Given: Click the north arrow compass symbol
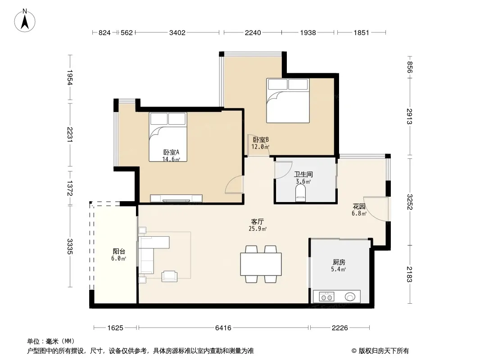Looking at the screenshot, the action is (x=25, y=21).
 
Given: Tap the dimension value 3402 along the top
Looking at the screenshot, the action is (x=177, y=33).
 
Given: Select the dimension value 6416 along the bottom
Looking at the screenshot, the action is (x=223, y=328).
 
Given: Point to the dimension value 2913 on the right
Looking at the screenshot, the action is (x=410, y=117).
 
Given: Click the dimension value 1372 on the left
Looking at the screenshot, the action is (x=70, y=188).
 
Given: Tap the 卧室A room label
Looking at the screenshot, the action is (x=171, y=152).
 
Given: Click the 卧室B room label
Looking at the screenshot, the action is (x=261, y=140).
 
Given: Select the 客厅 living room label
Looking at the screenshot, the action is (x=258, y=221).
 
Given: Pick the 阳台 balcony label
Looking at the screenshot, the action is (x=119, y=252).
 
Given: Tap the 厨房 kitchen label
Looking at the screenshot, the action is (x=339, y=262).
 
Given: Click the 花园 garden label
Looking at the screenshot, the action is (x=359, y=207).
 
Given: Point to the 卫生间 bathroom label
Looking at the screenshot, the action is (x=303, y=174).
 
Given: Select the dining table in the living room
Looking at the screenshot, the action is (x=261, y=264).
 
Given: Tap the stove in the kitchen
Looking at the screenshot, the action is (x=326, y=297).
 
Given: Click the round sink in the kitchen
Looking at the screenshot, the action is (x=350, y=297).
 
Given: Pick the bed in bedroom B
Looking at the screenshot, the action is (x=288, y=101).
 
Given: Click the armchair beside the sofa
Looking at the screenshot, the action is (x=169, y=276).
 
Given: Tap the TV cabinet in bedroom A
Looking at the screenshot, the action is (x=176, y=198).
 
